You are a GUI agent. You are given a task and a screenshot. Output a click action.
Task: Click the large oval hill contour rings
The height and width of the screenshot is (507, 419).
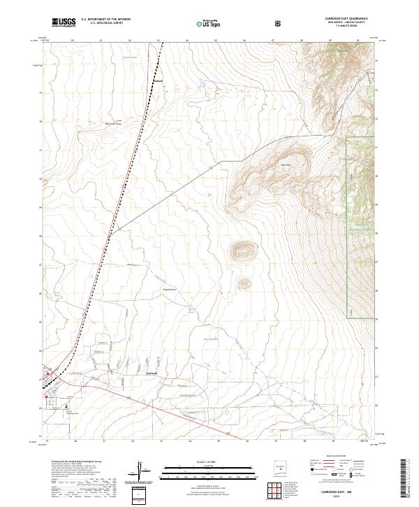(244, 249)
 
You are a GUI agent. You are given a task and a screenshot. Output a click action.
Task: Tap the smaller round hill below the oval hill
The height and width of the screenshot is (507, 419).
(244, 283)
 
